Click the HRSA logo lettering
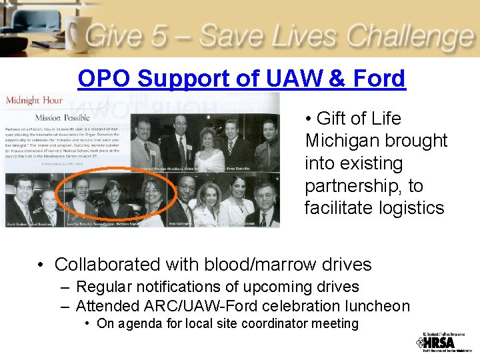(441, 343)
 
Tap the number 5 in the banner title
(158, 35)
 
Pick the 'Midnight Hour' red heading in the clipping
(34, 101)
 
